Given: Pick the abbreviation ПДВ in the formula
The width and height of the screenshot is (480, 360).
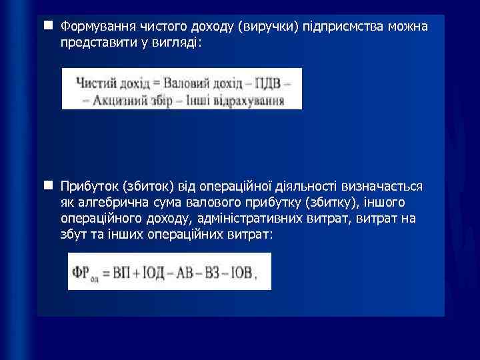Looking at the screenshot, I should (268, 83).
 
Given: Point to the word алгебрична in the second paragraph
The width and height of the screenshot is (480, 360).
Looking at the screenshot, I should (107, 202).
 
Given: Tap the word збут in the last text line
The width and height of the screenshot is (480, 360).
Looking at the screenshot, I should (73, 235).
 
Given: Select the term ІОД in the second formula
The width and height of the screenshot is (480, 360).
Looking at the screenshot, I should (153, 271).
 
